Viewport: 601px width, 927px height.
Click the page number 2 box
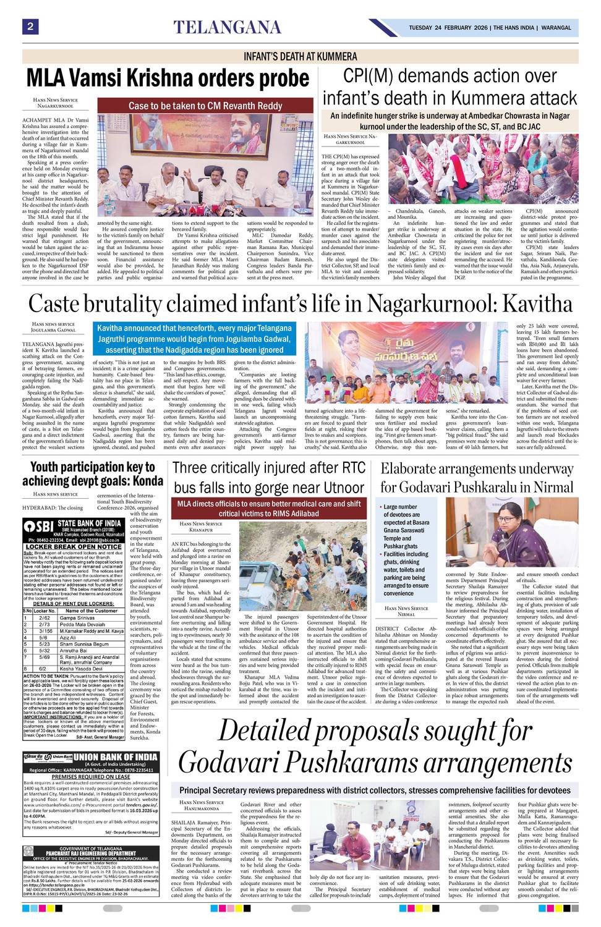pos(29,27)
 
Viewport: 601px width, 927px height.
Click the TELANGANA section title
pos(227,27)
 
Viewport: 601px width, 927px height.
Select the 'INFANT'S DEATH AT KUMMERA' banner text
pos(300,56)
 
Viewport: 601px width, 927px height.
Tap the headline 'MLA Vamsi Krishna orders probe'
pos(168,78)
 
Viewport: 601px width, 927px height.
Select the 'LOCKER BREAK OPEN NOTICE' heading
pos(74,546)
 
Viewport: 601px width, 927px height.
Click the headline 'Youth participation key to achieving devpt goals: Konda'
pos(93,474)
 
